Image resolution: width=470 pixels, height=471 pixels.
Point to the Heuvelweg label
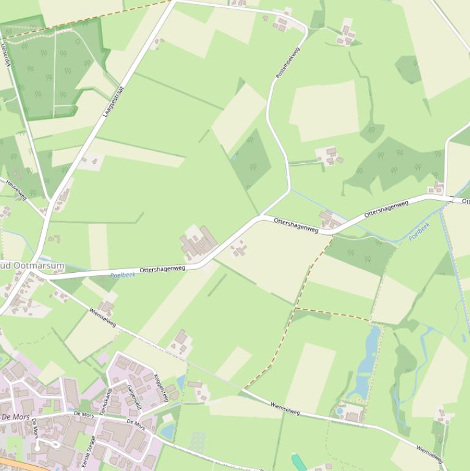click(17, 188)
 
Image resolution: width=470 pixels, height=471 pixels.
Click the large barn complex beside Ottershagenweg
click(198, 242)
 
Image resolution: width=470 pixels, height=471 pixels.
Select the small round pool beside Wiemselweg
click(339, 412)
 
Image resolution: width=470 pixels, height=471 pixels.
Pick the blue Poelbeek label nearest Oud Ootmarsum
click(123, 275)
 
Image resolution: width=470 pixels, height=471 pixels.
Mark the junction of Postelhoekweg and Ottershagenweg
click(262, 216)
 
